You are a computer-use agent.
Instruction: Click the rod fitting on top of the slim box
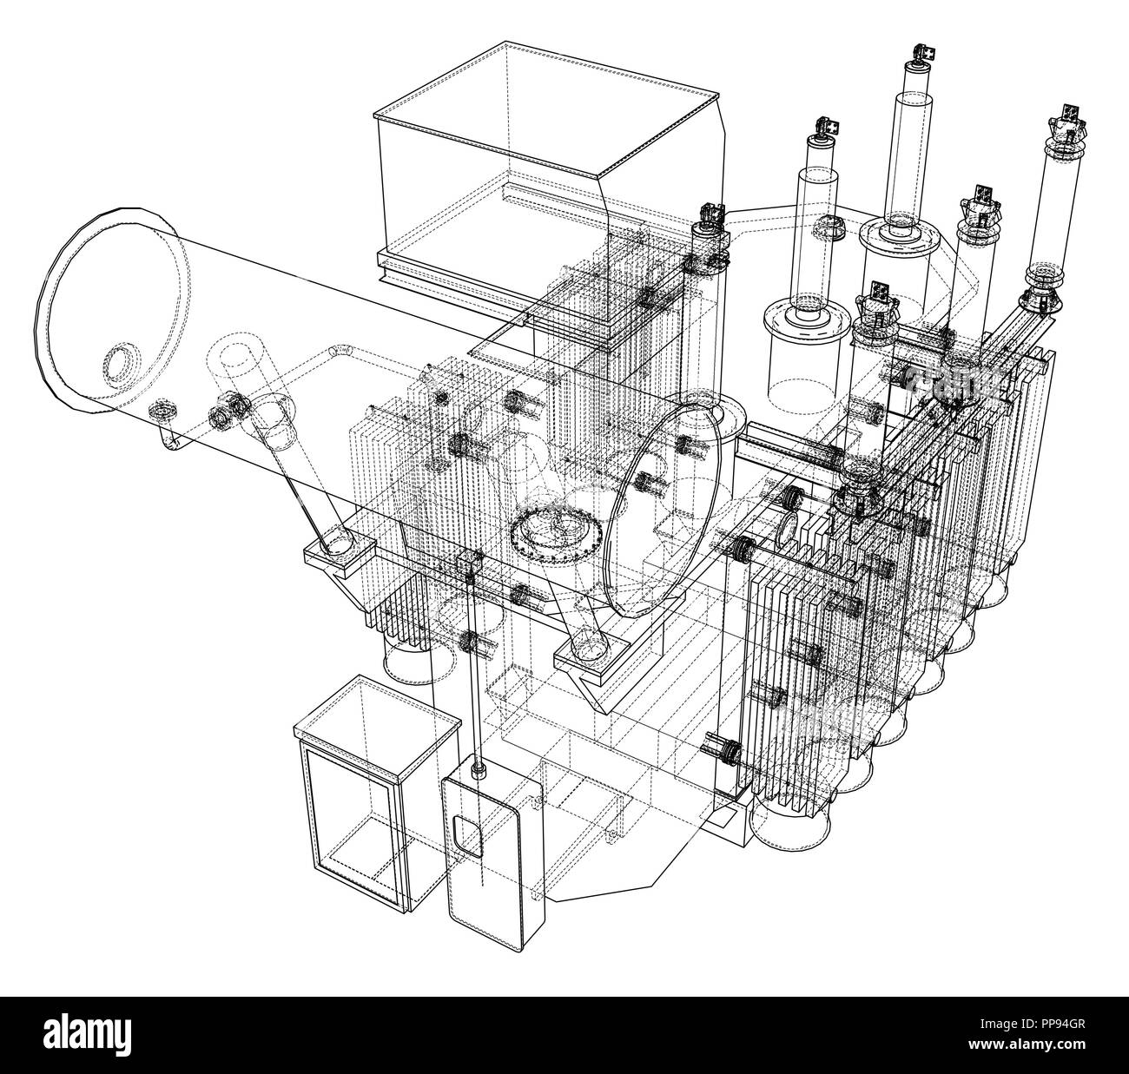[x=477, y=769]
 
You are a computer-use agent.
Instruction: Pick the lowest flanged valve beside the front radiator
[x=719, y=747]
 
